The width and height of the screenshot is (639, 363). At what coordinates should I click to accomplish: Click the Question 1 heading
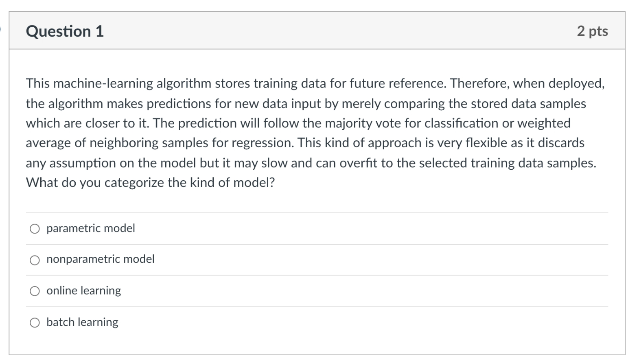pos(65,31)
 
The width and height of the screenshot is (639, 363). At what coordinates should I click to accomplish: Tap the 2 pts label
pos(592,31)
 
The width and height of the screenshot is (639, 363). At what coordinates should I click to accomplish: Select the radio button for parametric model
pos(35,229)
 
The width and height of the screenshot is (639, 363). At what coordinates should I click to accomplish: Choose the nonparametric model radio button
pos(35,260)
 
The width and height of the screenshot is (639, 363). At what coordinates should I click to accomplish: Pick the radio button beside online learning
pos(35,291)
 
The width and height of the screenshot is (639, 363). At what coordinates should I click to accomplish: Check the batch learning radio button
pos(35,323)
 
